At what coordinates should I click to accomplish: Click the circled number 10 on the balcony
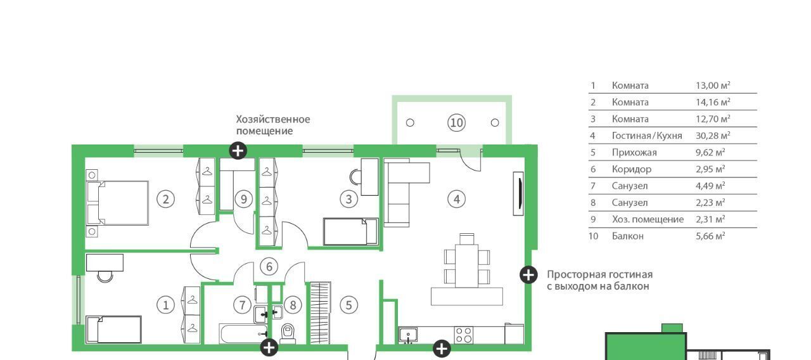pos(456,123)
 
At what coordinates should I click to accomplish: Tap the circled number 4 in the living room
pos(457,199)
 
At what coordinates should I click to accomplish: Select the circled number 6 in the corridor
pos(269,267)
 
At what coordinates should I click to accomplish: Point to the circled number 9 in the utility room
pos(244,199)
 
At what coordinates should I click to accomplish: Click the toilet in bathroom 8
pos(288,333)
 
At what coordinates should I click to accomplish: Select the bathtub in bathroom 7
pos(243,333)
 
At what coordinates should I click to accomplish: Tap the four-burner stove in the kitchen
pos(463,335)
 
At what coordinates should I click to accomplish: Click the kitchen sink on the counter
pos(408,335)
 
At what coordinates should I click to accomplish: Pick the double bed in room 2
pos(117,203)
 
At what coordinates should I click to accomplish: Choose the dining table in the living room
pos(467,266)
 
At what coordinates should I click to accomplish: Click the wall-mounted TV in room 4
pos(518,194)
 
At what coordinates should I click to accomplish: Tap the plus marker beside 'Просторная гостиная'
pos(528,275)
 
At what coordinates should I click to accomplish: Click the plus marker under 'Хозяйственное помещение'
pos(238,151)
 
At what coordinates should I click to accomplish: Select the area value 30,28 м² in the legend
pos(713,136)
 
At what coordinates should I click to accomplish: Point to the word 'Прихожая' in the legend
pos(634,153)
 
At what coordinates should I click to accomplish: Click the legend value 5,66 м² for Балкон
pos(710,236)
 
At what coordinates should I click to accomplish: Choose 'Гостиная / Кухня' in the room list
pos(647,136)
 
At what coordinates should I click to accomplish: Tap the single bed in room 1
pos(113,329)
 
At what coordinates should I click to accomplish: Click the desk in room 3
pos(369,177)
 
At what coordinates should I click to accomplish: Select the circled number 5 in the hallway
pos(348,305)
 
